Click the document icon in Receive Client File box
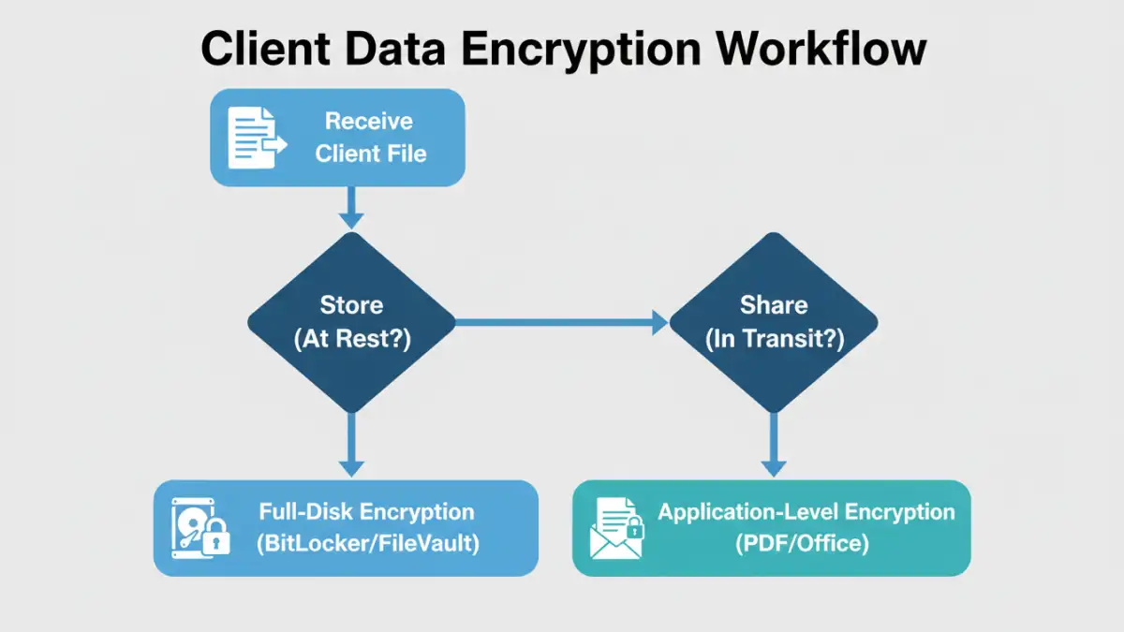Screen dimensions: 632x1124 click(x=256, y=137)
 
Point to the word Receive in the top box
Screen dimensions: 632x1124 click(x=368, y=122)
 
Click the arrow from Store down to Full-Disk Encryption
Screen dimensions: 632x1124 click(x=351, y=443)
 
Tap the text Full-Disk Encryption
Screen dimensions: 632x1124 click(x=366, y=512)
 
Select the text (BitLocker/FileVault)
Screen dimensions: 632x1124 click(x=367, y=544)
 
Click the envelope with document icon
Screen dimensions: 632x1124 click(x=617, y=529)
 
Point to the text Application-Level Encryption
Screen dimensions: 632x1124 click(x=806, y=512)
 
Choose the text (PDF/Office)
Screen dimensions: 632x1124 click(x=806, y=544)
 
